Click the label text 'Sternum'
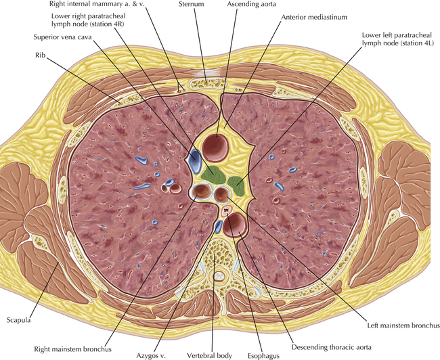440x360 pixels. (191, 4)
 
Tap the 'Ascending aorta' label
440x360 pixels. (251, 4)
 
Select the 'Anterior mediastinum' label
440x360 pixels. (314, 17)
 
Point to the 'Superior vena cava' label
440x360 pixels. (62, 37)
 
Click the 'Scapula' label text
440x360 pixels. (18, 320)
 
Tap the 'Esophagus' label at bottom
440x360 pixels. (263, 356)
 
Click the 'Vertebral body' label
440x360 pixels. (209, 355)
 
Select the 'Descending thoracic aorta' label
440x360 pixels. (331, 347)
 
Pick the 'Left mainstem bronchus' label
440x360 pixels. (403, 325)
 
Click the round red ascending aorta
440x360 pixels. (216, 148)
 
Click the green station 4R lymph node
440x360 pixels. (213, 175)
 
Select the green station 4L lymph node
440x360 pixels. (237, 186)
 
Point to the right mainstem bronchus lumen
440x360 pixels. (201, 192)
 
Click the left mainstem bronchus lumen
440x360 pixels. (221, 194)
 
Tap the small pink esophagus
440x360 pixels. (227, 210)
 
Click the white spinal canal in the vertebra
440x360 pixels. (219, 276)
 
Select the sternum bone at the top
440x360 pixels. (207, 83)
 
